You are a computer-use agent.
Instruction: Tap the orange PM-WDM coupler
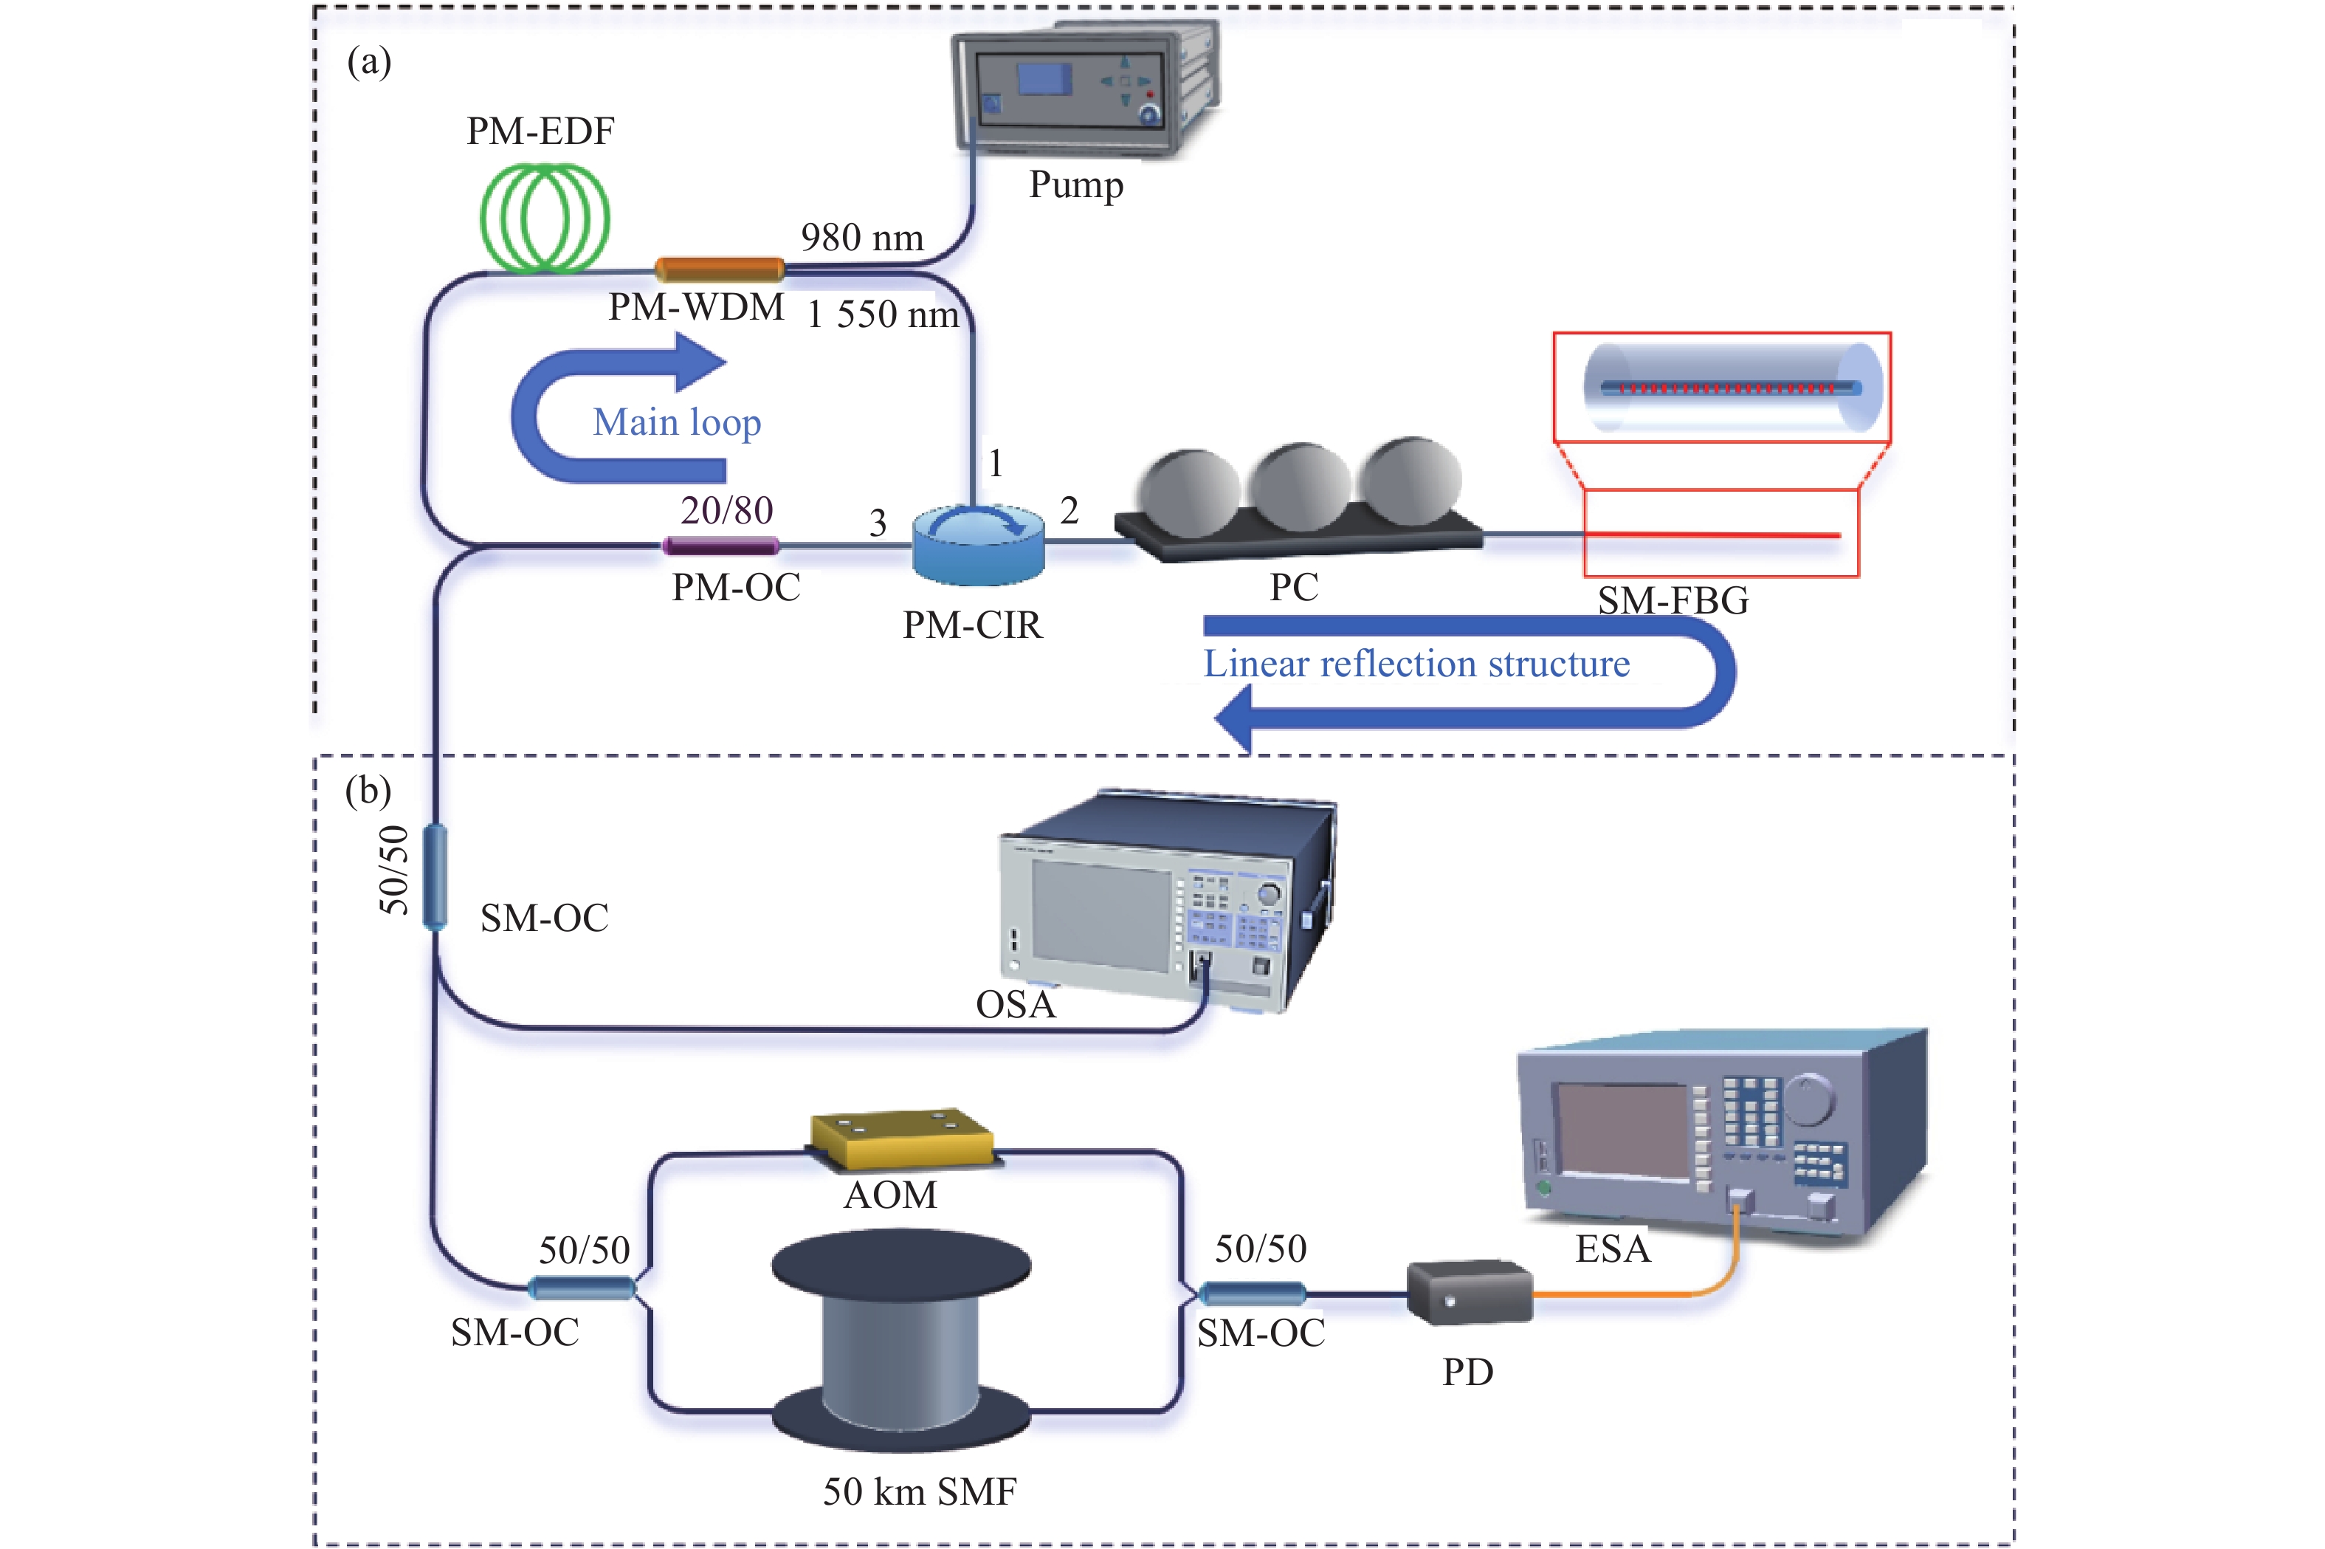tap(720, 269)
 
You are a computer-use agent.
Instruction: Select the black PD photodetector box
tap(1470, 1291)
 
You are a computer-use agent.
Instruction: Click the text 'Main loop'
tap(677, 423)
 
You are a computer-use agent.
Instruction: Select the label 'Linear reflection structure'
tap(1416, 664)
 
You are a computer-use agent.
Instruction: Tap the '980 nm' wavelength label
tap(862, 238)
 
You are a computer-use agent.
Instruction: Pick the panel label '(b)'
tap(368, 792)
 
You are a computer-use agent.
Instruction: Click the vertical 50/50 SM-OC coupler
tap(435, 878)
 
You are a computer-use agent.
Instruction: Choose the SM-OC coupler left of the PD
tap(1251, 1292)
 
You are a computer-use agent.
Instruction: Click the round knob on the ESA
tap(1808, 1099)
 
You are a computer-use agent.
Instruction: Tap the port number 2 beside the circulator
tap(1069, 511)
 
